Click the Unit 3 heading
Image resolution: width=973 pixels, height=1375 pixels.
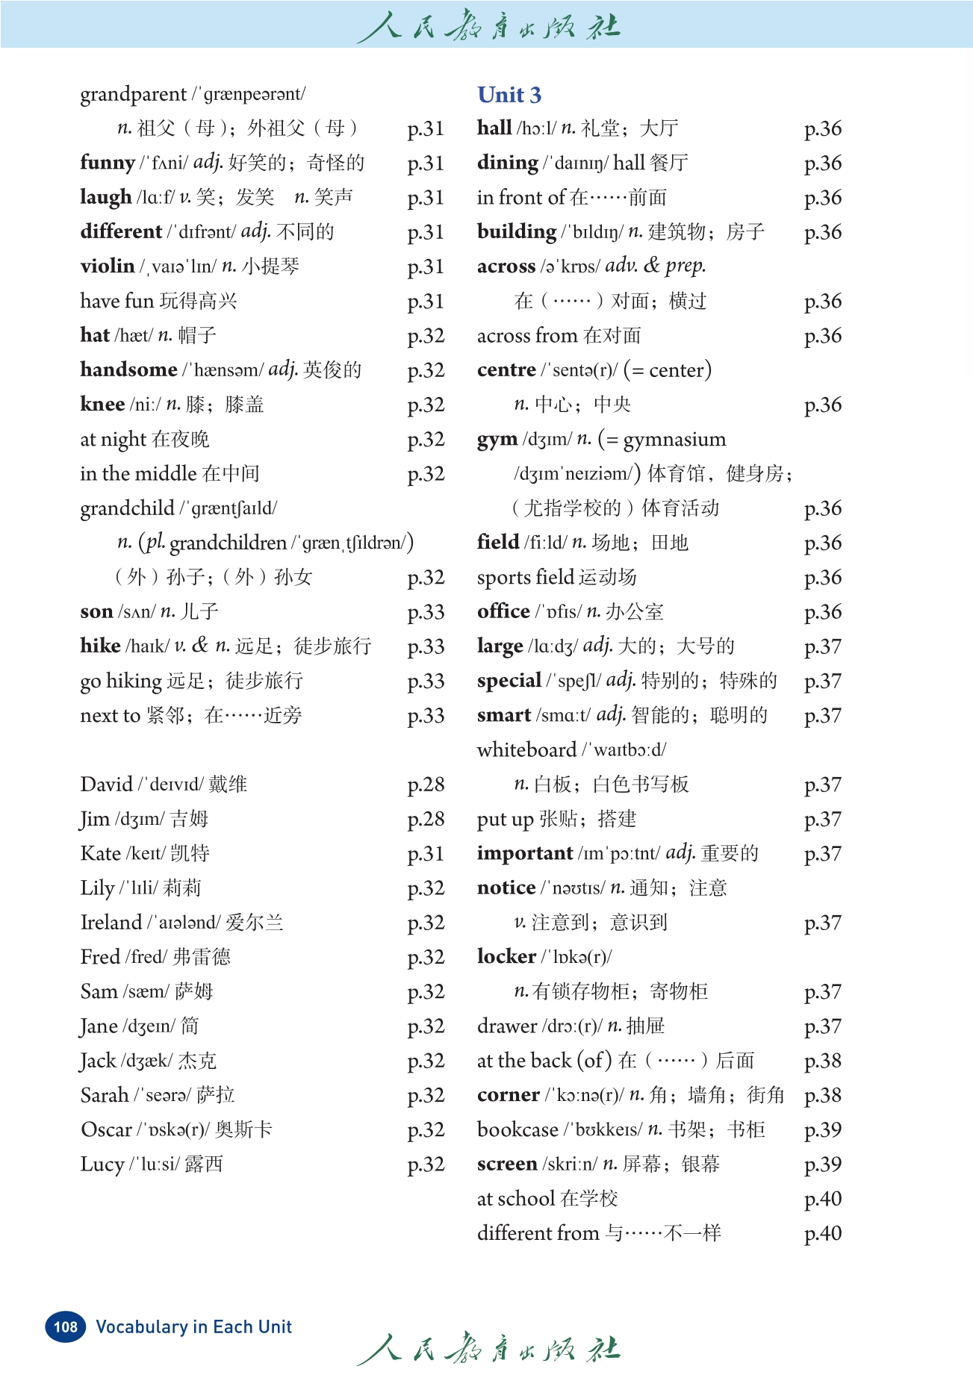509,95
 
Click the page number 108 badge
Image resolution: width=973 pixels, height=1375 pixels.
66,1326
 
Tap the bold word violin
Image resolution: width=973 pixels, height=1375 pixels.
108,266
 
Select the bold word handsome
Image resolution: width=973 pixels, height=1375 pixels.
128,370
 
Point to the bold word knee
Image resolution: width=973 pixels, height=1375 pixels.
102,404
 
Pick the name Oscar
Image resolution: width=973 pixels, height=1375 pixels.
106,1129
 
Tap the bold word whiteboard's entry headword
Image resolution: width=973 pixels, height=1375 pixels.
526,749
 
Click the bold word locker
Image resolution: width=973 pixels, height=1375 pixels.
506,956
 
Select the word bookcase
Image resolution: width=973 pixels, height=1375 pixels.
517,1129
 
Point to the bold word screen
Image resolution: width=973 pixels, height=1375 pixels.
507,1164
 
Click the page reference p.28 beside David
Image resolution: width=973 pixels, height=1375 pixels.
426,785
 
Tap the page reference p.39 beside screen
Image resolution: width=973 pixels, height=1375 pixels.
822,1164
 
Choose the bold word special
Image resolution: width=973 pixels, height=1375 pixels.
509,681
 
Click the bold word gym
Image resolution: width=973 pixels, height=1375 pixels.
497,440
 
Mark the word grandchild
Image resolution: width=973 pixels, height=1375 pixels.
127,508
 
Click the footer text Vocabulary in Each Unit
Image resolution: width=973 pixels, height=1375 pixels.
194,1326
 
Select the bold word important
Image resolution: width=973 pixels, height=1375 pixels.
525,853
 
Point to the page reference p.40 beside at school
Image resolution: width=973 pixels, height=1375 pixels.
822,1199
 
